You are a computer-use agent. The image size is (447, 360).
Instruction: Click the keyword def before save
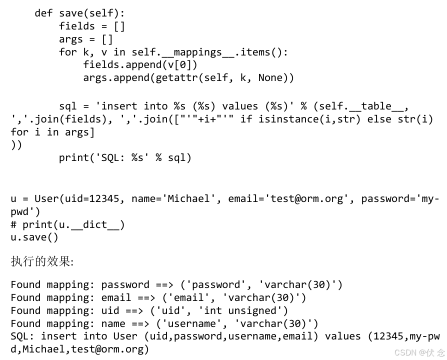[43, 13]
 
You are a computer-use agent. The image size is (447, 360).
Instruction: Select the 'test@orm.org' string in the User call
[306, 198]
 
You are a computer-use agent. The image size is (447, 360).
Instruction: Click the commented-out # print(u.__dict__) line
[67, 224]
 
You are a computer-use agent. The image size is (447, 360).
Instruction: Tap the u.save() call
[34, 237]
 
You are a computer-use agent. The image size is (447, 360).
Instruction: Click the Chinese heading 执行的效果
[41, 261]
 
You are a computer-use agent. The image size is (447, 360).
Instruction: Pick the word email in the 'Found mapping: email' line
[116, 297]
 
